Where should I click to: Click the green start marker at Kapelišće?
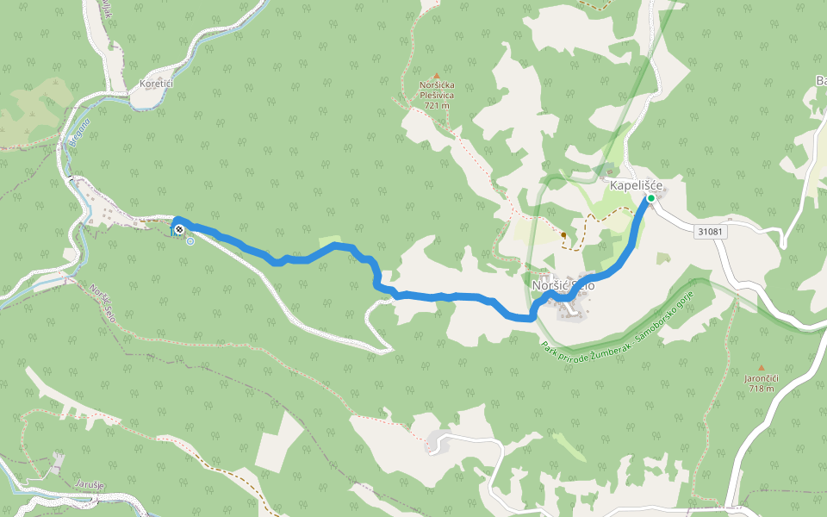pyautogui.click(x=651, y=198)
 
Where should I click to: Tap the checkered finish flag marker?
pyautogui.click(x=178, y=229)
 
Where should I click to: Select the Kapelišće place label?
pyautogui.click(x=636, y=184)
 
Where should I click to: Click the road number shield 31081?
pyautogui.click(x=711, y=232)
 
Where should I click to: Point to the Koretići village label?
pyautogui.click(x=156, y=84)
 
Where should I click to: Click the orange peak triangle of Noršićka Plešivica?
pyautogui.click(x=437, y=76)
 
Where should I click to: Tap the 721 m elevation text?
pyautogui.click(x=438, y=105)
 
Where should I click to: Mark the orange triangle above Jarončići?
pyautogui.click(x=761, y=368)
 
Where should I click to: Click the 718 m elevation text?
pyautogui.click(x=761, y=389)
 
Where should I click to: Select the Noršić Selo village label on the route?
pyautogui.click(x=563, y=285)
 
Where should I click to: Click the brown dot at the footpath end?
pyautogui.click(x=563, y=234)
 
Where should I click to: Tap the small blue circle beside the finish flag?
pyautogui.click(x=190, y=241)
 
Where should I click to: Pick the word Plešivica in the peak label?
pyautogui.click(x=438, y=96)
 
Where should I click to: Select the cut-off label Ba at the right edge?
pyautogui.click(x=819, y=81)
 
